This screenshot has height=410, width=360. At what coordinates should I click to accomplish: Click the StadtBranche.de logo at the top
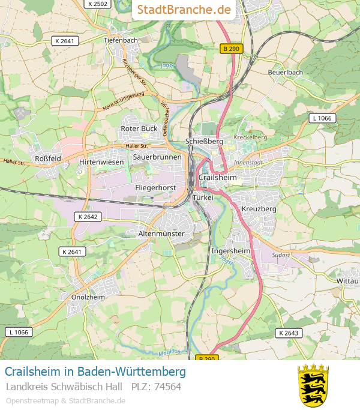(x=184, y=10)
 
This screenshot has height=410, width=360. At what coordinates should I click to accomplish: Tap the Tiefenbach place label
(x=121, y=40)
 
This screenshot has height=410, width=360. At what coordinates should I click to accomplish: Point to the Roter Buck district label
(x=139, y=128)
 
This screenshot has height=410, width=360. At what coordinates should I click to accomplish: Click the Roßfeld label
(x=48, y=158)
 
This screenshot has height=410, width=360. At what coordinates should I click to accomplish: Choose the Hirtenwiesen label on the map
(x=101, y=162)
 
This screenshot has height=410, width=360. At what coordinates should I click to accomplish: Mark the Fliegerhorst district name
(x=155, y=188)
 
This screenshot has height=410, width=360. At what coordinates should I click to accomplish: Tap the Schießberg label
(x=205, y=141)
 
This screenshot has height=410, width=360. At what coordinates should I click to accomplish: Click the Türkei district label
(x=203, y=197)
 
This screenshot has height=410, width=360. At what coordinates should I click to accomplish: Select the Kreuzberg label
(x=259, y=209)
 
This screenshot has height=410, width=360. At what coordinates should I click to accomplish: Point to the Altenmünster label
(x=161, y=234)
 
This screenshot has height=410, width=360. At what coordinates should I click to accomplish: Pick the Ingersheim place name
(x=231, y=250)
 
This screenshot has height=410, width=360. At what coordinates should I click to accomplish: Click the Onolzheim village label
(x=88, y=297)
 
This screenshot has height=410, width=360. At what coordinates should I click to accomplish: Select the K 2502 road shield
(x=97, y=4)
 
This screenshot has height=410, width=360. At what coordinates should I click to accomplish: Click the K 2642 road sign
(x=89, y=216)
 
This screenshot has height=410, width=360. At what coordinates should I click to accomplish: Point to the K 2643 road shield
(x=289, y=333)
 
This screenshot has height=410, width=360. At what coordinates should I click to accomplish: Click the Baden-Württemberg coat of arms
(x=313, y=385)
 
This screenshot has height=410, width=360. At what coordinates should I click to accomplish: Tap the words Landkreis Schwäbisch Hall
(x=64, y=387)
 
